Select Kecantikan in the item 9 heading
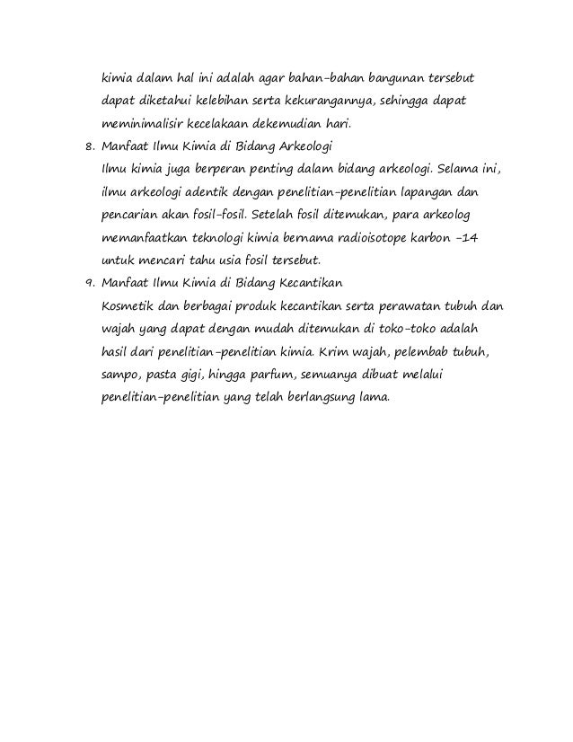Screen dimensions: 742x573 (x=308, y=285)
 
